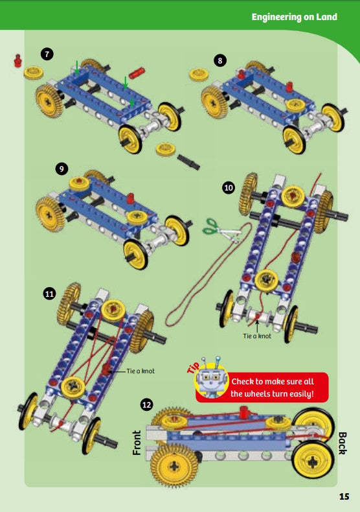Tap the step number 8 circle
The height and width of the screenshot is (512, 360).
pyautogui.click(x=221, y=60)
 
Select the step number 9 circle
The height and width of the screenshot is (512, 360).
pyautogui.click(x=62, y=169)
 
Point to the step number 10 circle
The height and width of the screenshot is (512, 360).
pyautogui.click(x=229, y=188)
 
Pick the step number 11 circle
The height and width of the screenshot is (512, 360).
pyautogui.click(x=49, y=294)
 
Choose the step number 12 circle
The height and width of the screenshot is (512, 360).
pyautogui.click(x=147, y=404)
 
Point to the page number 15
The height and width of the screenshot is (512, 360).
pyautogui.click(x=344, y=496)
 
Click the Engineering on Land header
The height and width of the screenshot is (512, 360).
pyautogui.click(x=294, y=17)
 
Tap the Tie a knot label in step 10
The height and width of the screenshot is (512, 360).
pyautogui.click(x=257, y=336)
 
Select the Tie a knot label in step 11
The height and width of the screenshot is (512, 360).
pyautogui.click(x=137, y=371)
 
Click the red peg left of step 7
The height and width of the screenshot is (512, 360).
pyautogui.click(x=17, y=62)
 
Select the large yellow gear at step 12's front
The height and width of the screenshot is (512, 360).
pyautogui.click(x=174, y=464)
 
